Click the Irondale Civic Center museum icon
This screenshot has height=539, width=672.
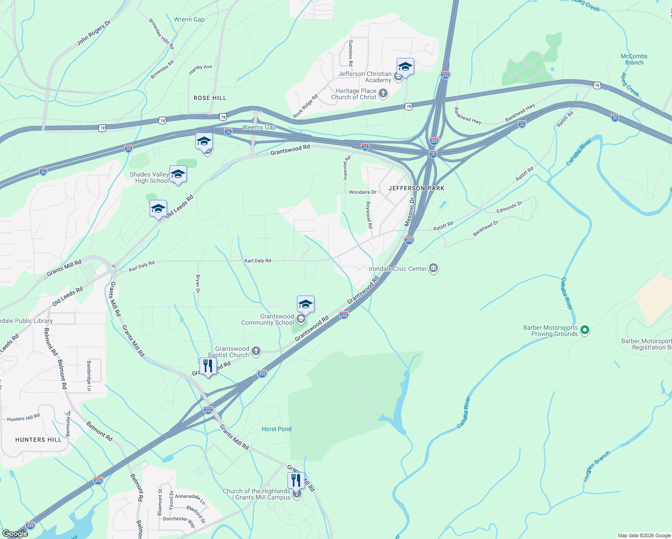coord(433,269)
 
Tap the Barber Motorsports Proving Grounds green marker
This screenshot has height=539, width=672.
coord(584,331)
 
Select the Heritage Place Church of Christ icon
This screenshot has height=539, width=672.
coord(383,93)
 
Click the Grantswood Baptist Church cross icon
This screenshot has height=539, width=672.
coord(256,351)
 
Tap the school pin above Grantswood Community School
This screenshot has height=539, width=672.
coord(305,305)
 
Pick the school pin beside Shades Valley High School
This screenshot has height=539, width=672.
coord(178,174)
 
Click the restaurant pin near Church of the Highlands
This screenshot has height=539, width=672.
coord(296,481)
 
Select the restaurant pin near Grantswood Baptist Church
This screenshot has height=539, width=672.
coord(208,366)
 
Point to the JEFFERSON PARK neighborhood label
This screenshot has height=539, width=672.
coord(416,188)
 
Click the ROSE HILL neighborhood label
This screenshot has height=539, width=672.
coord(210,98)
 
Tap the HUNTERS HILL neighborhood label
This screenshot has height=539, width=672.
coord(38,440)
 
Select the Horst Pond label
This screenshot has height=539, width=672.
coord(276,429)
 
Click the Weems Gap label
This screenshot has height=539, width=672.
coord(259,127)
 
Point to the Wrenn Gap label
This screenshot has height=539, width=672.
coord(189,19)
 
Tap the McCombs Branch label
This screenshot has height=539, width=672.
coord(634,59)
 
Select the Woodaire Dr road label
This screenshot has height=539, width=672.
coord(363,192)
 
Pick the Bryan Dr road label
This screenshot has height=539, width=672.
coord(198,283)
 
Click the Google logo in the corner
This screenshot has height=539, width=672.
coord(15,533)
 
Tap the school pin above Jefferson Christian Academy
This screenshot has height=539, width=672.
coord(405,67)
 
